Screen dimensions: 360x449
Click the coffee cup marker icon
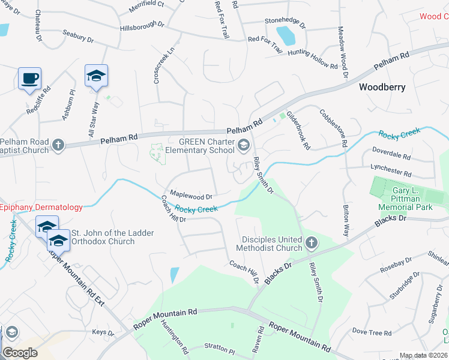click(x=29, y=78)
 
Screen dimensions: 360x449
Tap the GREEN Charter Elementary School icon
click(x=244, y=144)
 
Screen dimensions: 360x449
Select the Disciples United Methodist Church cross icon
click(x=310, y=243)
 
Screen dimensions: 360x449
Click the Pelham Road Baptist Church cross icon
click(x=58, y=145)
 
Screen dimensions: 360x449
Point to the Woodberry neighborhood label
click(x=382, y=87)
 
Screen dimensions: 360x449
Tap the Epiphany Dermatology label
click(x=41, y=207)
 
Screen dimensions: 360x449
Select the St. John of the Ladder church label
click(x=112, y=237)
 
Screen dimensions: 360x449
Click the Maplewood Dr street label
click(x=191, y=196)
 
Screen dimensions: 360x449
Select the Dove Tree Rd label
click(x=372, y=332)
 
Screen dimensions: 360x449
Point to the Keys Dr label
click(x=103, y=332)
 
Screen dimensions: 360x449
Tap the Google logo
click(x=20, y=352)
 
